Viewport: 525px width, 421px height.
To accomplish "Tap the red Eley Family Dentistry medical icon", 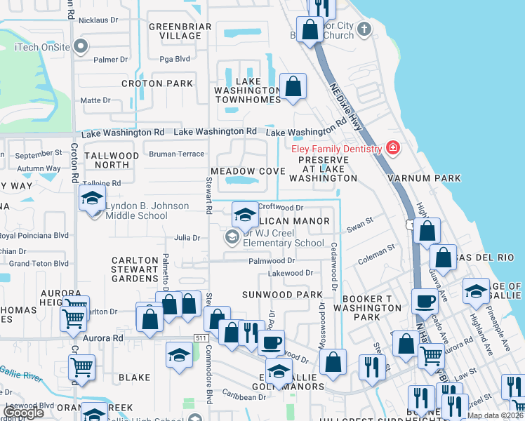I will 392,148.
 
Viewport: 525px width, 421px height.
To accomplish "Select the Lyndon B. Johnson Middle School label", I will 147,210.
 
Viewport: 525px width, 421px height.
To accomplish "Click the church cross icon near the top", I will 363,29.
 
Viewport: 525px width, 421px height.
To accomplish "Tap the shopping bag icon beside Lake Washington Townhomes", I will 293,88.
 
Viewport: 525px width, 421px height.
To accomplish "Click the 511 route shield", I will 201,338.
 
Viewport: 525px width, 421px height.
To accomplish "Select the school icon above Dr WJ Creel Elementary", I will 244,214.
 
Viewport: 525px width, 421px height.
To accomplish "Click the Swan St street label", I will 359,229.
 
